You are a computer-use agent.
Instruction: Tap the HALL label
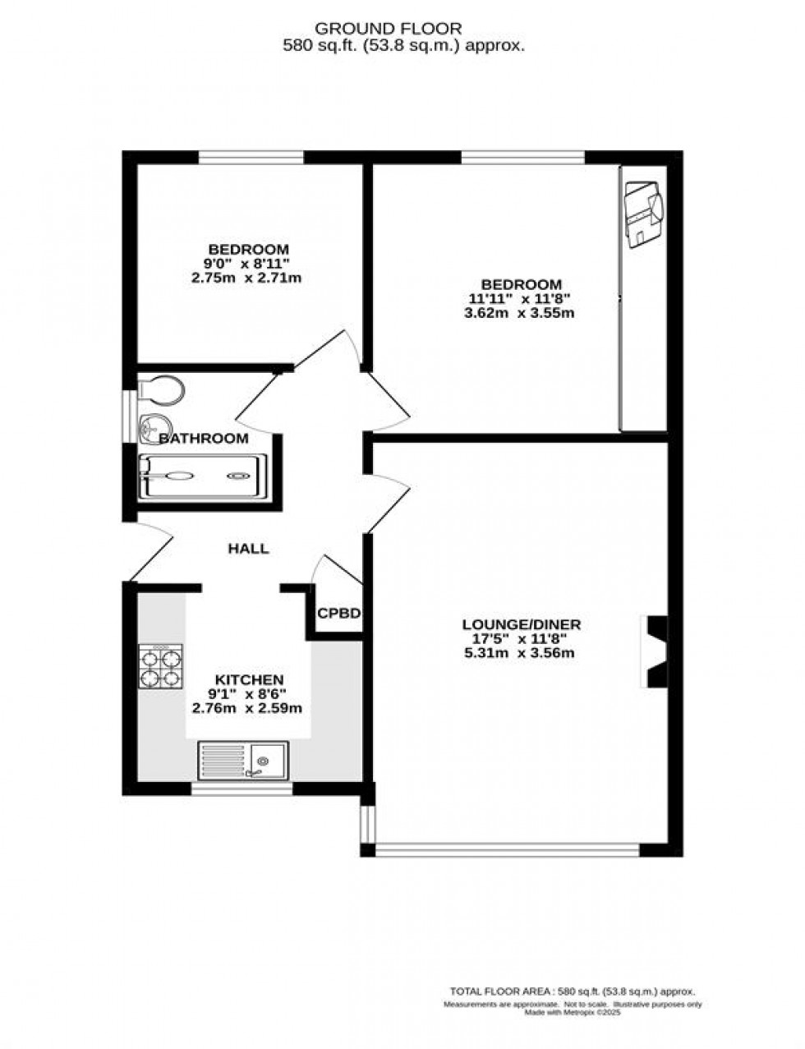click(x=248, y=549)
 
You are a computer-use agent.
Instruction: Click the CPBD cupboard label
click(x=339, y=613)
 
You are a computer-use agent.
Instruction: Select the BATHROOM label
click(x=204, y=439)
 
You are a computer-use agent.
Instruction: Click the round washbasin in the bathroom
click(x=150, y=426)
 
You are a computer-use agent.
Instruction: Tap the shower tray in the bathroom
click(x=203, y=476)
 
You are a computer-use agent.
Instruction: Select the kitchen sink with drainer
click(x=242, y=760)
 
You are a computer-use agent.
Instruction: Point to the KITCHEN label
click(x=249, y=680)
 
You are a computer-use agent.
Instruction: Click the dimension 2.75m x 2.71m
click(x=247, y=278)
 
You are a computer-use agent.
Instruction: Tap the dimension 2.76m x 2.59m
click(x=247, y=708)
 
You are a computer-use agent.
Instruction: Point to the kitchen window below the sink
click(x=242, y=789)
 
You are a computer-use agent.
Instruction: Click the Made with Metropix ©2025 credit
click(x=573, y=1013)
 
